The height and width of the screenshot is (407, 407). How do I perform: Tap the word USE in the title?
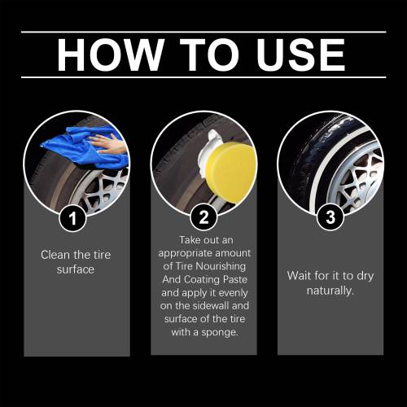coord(301,55)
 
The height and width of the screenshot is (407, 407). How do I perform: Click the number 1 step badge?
coord(72,218)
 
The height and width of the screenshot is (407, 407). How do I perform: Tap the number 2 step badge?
coord(203,217)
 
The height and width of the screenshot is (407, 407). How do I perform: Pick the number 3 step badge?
coord(330,217)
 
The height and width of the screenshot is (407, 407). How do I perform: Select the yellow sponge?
coord(230,168)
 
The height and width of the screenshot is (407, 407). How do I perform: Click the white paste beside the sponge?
coord(209,147)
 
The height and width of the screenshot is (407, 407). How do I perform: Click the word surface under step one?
coord(76,269)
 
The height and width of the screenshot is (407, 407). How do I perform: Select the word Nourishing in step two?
coord(221,266)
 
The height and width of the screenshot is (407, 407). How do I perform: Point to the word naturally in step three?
coord(330,291)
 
